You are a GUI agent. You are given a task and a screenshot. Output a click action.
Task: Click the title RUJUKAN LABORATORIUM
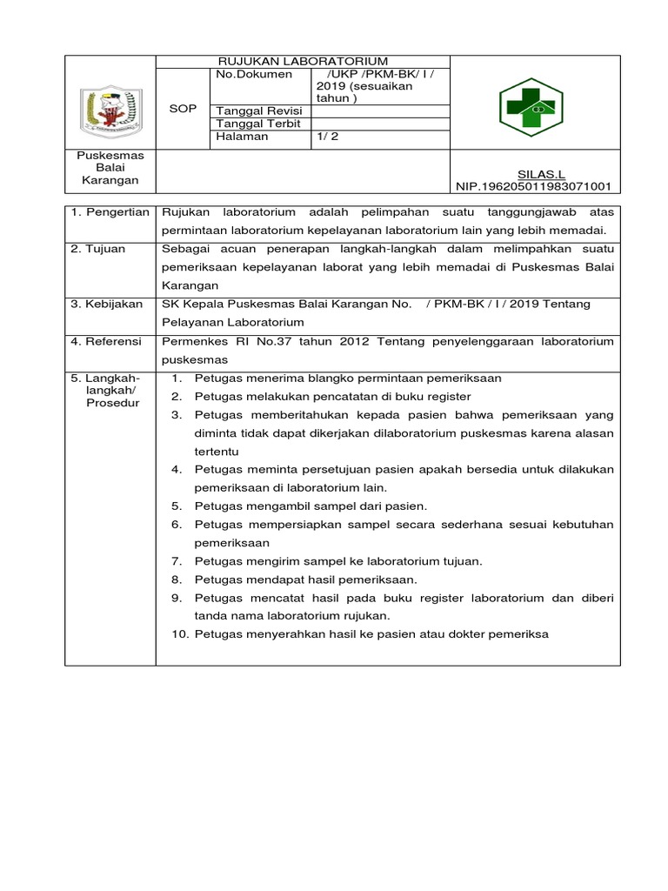click(x=303, y=62)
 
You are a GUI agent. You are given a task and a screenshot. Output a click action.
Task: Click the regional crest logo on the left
click(x=110, y=108)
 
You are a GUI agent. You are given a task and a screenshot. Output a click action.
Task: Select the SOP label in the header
click(x=183, y=109)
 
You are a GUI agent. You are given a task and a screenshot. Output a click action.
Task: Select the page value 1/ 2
click(x=330, y=137)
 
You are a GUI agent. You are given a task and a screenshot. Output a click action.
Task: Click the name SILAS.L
click(x=540, y=174)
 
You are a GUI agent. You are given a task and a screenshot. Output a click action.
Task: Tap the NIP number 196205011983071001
click(x=534, y=186)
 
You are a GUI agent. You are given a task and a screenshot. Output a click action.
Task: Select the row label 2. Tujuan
click(x=97, y=249)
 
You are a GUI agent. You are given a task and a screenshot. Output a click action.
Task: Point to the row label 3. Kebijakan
click(x=106, y=304)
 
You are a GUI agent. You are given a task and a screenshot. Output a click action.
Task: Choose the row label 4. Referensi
click(x=106, y=341)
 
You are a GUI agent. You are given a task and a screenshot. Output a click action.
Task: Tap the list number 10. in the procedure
click(x=180, y=634)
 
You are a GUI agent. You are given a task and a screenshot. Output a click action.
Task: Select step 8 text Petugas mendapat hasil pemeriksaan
click(x=306, y=579)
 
